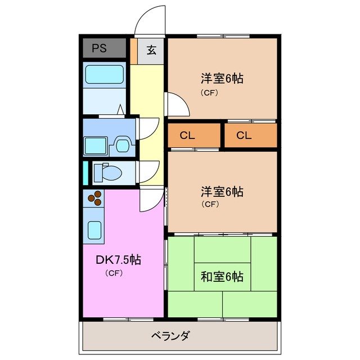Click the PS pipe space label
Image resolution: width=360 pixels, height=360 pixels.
click(99, 48)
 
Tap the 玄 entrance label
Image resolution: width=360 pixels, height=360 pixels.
click(151, 49)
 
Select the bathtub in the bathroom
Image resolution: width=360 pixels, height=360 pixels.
click(104, 75)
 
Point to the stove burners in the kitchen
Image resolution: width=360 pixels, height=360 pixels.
click(97, 199)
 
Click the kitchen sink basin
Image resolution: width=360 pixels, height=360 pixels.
click(95, 229)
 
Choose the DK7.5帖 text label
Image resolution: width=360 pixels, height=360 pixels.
click(118, 260)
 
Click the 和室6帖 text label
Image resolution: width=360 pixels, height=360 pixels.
click(222, 277)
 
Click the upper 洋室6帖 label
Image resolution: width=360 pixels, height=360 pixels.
click(222, 79)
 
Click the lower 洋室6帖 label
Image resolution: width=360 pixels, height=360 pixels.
click(222, 191)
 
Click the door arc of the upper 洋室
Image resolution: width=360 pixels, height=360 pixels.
click(176, 104)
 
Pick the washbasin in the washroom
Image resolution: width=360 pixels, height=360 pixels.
click(121, 146)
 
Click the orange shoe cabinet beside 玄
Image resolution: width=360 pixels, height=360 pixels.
click(133, 50)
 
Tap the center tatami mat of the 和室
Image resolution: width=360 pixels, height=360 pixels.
click(222, 262)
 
